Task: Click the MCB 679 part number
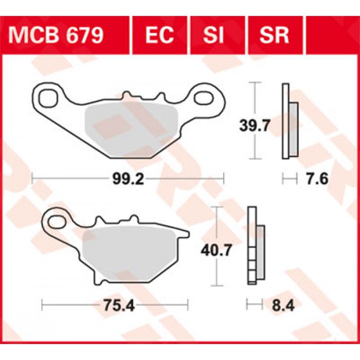pyautogui.click(x=56, y=35)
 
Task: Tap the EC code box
pyautogui.click(x=160, y=35)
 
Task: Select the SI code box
pyautogui.click(x=218, y=35)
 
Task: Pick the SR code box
pyautogui.click(x=275, y=35)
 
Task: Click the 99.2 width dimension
pyautogui.click(x=128, y=178)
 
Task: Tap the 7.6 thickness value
pyautogui.click(x=317, y=178)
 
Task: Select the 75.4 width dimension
pyautogui.click(x=119, y=305)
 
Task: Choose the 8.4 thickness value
pyautogui.click(x=283, y=305)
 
